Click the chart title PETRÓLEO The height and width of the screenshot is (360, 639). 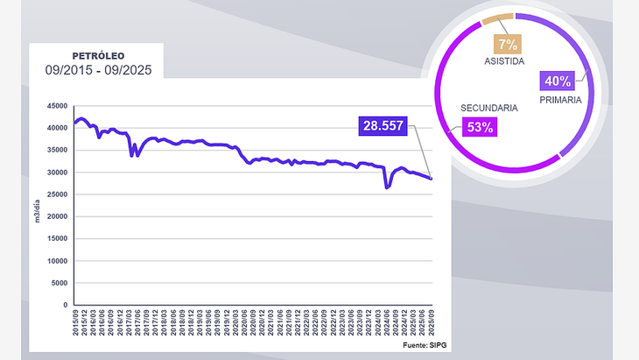coord(97,55)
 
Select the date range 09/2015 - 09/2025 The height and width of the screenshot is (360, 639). coord(97,70)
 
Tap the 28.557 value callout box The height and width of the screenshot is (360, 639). coord(383,126)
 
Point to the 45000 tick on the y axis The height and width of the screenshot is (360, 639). coord(59,106)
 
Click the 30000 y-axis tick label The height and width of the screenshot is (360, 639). coord(59,173)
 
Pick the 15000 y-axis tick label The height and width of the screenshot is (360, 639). coord(59,239)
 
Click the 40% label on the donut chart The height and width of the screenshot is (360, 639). coord(558,81)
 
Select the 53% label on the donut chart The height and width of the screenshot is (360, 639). coord(481,126)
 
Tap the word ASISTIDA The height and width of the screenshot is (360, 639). coord(505,62)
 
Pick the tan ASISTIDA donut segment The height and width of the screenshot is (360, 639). coord(497,19)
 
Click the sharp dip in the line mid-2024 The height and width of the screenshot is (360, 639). coord(387,187)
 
